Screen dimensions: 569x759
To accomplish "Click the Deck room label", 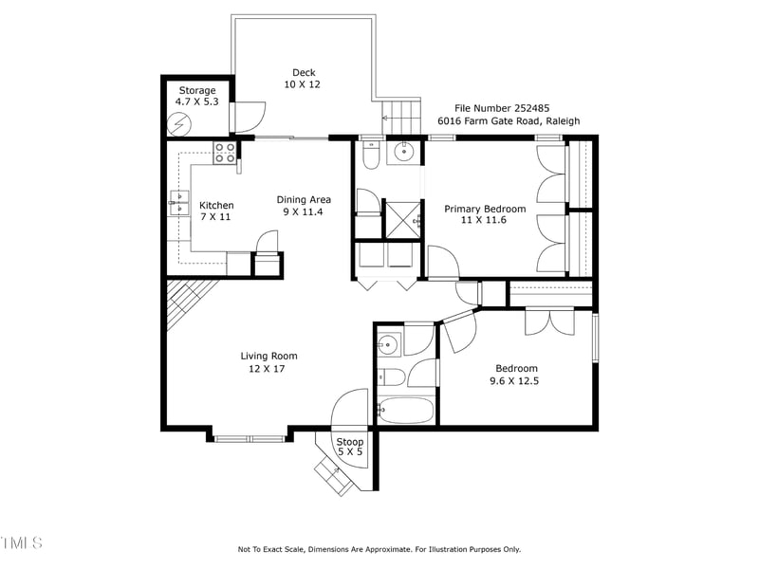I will [x=304, y=72].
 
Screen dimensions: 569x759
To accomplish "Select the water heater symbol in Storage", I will [x=179, y=123].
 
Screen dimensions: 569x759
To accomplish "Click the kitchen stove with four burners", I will [x=225, y=152].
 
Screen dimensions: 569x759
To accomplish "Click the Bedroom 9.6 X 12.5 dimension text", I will [x=516, y=381].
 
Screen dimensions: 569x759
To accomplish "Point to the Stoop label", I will [x=350, y=442].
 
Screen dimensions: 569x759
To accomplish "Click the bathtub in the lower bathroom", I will [x=405, y=410].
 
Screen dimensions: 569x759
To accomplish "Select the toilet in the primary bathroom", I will [x=373, y=155].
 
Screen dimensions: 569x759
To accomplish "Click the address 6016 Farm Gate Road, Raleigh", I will [x=508, y=121].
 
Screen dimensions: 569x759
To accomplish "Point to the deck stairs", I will [x=401, y=118].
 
